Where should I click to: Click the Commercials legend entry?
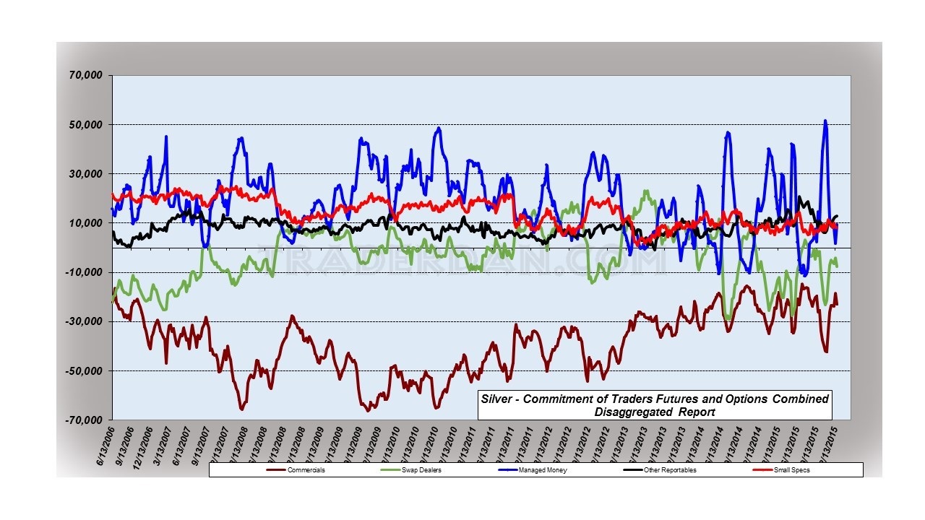pos(304,470)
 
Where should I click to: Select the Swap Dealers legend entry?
pos(421,470)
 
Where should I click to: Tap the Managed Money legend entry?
pos(538,470)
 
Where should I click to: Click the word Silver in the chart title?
pos(498,399)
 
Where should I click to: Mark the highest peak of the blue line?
pos(825,121)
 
